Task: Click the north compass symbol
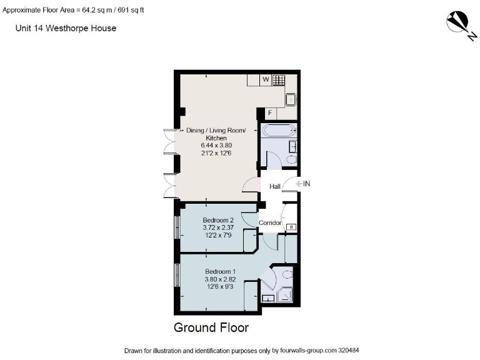[461, 24]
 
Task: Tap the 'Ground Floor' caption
[211, 327]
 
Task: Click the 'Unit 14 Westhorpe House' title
[66, 28]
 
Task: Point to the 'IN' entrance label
[306, 184]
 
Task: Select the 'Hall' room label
[274, 186]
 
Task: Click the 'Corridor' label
[270, 222]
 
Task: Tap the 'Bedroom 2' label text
[218, 220]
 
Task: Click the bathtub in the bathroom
[278, 131]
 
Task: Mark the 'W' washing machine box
[265, 80]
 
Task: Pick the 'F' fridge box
[269, 113]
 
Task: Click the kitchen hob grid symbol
[279, 80]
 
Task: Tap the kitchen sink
[291, 99]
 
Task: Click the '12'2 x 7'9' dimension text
[218, 235]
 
